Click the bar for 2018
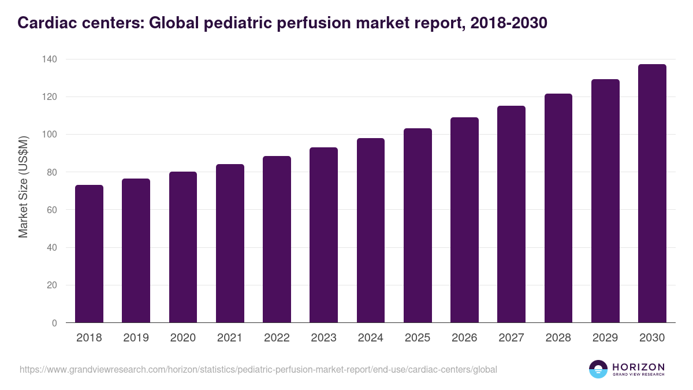pos(89,254)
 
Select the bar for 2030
pos(652,194)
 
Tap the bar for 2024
pos(371,231)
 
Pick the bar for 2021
pos(230,243)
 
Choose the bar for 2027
pos(511,214)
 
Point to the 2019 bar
pos(136,251)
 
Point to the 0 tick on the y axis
pos(54,323)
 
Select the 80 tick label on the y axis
pos(51,172)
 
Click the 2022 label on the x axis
pos(277,338)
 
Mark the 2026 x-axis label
pos(464,338)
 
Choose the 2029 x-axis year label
pos(605,338)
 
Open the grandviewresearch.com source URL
pos(258,369)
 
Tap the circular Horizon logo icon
pos(598,369)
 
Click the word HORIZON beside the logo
pos(638,367)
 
